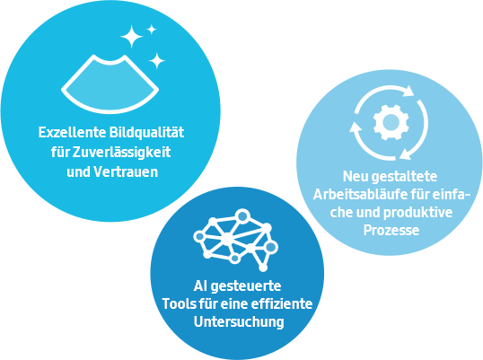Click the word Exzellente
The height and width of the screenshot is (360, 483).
[x=72, y=133]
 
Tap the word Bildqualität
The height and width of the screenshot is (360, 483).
[x=147, y=133]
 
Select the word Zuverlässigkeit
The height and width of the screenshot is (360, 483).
[x=122, y=153]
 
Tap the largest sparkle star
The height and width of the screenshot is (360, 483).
[x=132, y=37]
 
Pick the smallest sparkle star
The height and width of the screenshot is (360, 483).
[x=151, y=30]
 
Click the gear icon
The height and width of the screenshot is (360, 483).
[x=391, y=122]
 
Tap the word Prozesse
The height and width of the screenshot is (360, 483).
[x=391, y=231]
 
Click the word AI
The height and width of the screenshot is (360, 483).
[x=200, y=286]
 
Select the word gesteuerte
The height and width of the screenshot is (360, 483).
[x=246, y=286]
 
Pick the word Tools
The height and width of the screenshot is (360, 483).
[x=180, y=304]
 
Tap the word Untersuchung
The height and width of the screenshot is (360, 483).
[x=239, y=322]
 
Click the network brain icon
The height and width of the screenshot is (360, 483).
[x=235, y=241]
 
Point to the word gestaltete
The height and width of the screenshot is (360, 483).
[x=405, y=178]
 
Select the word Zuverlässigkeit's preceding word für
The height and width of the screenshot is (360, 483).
[x=60, y=152]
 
